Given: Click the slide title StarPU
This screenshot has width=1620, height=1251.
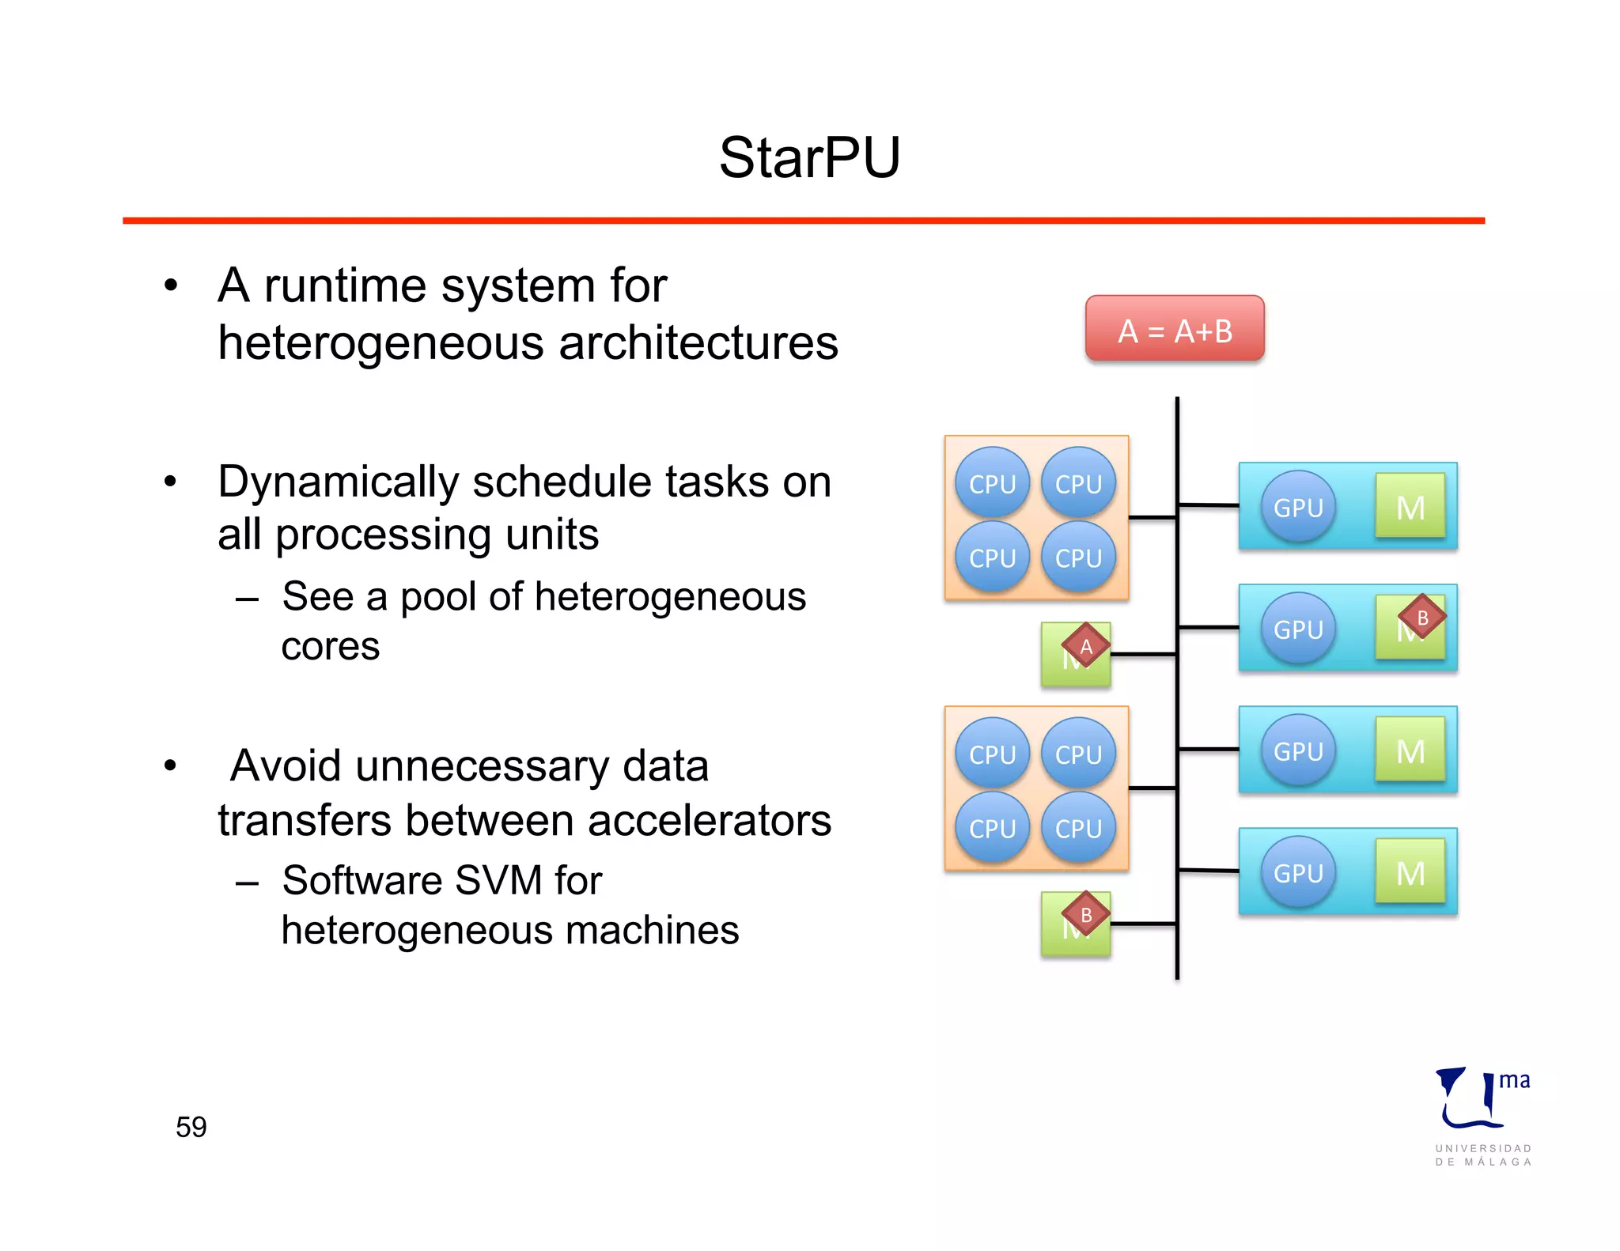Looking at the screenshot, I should point(809,157).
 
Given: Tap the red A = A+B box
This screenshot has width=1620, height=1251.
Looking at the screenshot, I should point(1175,329).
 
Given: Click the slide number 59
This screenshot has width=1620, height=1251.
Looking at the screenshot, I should point(191,1126).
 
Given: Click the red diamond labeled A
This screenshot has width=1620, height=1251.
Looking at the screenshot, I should point(1085,647).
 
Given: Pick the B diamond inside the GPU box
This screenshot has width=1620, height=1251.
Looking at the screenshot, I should point(1421,618).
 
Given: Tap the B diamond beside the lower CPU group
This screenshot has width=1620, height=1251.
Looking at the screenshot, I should point(1085,916).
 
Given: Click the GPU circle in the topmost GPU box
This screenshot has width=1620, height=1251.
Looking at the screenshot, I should point(1298,507).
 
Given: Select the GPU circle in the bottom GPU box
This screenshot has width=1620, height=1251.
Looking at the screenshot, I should point(1298,872).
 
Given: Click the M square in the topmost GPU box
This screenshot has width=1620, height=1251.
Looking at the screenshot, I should point(1410,507).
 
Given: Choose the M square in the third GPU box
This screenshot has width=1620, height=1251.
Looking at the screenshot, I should point(1410,750).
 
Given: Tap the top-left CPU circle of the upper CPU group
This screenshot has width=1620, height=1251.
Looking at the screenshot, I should point(992,483).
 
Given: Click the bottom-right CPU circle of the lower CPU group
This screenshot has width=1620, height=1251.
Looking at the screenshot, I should point(1078,828).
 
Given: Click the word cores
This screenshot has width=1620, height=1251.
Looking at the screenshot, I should point(331,646).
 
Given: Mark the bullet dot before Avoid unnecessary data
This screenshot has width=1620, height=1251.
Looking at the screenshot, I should point(170,765).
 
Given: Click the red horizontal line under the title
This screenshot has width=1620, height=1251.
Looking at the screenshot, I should point(803,221).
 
